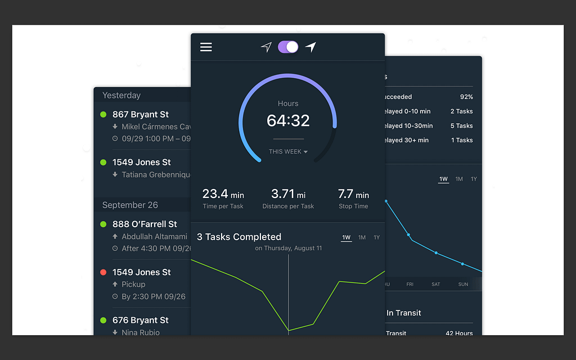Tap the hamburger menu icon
(x=206, y=47)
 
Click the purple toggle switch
(x=288, y=47)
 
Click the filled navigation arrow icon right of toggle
(x=310, y=47)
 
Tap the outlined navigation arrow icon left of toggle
(x=266, y=47)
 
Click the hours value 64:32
(x=288, y=120)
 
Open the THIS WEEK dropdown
(x=288, y=152)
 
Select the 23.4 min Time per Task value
(x=223, y=194)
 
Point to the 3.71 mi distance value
(x=288, y=194)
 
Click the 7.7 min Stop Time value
(x=353, y=194)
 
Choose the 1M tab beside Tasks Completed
(x=362, y=237)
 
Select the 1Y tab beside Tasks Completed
(x=377, y=237)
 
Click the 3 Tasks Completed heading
(x=239, y=237)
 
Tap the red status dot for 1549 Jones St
(x=103, y=272)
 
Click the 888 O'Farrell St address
(x=145, y=224)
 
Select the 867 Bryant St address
(x=141, y=114)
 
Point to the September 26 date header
(x=130, y=205)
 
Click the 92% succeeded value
(x=466, y=97)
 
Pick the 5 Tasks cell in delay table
(x=461, y=126)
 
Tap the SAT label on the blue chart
(x=436, y=285)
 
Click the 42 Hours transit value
(x=459, y=333)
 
